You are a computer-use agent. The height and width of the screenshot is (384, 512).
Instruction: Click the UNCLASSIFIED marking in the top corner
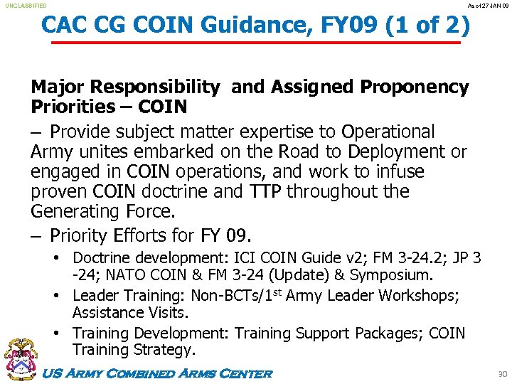(x=26, y=6)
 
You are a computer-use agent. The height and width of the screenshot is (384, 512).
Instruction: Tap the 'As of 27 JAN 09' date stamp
(x=487, y=6)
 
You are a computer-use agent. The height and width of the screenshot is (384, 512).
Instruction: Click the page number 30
(x=501, y=374)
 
